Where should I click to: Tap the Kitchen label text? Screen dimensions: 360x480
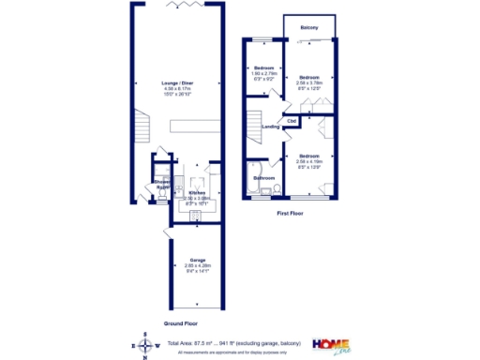pyautogui.click(x=197, y=192)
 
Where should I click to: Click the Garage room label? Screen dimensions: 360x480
pyautogui.click(x=198, y=260)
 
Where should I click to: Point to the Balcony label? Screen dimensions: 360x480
pyautogui.click(x=308, y=28)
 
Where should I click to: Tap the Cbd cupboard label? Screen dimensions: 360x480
pyautogui.click(x=292, y=120)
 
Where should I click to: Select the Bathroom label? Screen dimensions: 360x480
pyautogui.click(x=262, y=177)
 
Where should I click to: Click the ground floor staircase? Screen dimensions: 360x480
pyautogui.click(x=143, y=125)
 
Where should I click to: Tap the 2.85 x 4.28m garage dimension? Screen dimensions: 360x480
pyautogui.click(x=198, y=265)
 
